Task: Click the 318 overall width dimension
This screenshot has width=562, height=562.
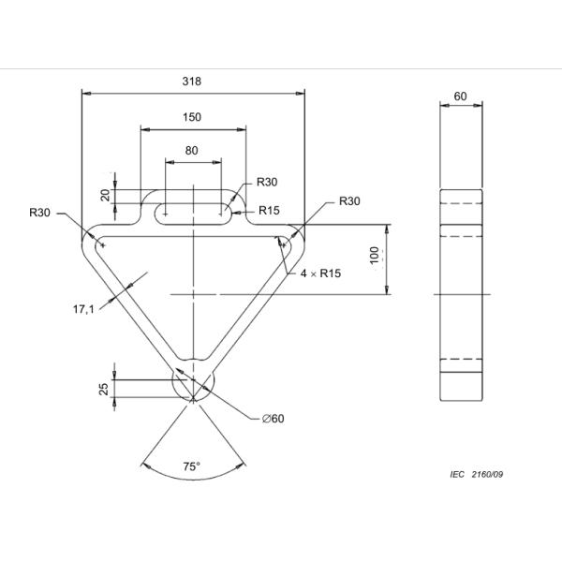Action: coord(192,81)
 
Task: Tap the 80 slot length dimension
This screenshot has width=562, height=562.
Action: coord(192,150)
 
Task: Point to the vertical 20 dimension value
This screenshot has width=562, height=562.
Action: coord(106,195)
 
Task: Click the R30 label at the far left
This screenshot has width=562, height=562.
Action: coord(39,214)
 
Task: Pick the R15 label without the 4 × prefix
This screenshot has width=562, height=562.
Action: coord(269,210)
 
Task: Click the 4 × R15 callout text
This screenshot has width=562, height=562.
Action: coord(319,274)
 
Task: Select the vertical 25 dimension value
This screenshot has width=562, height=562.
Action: coord(105,389)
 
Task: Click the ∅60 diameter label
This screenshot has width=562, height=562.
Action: coord(273,419)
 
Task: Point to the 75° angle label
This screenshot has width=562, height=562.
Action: coord(192,466)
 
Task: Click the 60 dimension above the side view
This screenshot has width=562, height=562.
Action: coord(460,96)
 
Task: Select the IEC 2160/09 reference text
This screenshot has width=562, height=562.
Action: coord(477,475)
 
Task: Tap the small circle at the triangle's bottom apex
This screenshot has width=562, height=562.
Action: coord(193,383)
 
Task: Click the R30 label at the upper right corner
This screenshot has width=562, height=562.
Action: coord(349,201)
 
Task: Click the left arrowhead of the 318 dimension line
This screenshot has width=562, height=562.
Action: coord(86,93)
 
